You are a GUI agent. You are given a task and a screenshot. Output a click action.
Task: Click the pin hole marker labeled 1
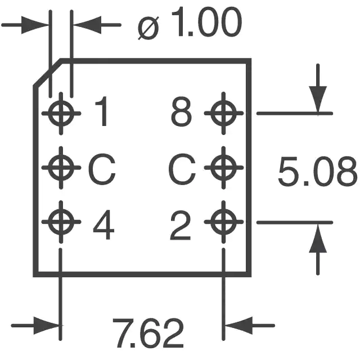click(61, 114)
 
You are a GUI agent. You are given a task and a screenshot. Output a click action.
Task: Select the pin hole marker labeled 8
click(224, 113)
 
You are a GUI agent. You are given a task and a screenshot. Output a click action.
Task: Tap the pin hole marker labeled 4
click(61, 222)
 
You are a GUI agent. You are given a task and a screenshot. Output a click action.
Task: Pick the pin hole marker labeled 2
click(224, 222)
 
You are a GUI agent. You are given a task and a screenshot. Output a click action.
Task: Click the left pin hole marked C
click(61, 168)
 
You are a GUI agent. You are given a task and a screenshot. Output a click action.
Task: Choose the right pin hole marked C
click(224, 168)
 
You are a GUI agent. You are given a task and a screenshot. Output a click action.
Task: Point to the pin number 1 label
click(102, 111)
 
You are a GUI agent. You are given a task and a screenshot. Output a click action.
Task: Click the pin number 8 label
click(181, 111)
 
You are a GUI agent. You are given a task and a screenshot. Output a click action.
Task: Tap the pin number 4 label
click(103, 224)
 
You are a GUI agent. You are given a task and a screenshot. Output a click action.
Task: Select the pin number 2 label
click(181, 226)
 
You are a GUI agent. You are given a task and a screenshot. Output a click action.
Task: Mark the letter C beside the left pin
click(102, 169)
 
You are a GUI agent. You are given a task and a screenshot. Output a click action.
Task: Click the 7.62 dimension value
click(148, 334)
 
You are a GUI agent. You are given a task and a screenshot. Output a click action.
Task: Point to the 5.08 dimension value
click(318, 171)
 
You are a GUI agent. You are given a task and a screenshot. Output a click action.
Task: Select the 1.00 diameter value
click(206, 22)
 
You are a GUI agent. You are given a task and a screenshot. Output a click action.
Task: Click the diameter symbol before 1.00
click(148, 28)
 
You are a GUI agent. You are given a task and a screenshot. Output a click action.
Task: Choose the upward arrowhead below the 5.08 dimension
click(318, 238)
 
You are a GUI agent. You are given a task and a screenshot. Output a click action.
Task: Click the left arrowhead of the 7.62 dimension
click(47, 326)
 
